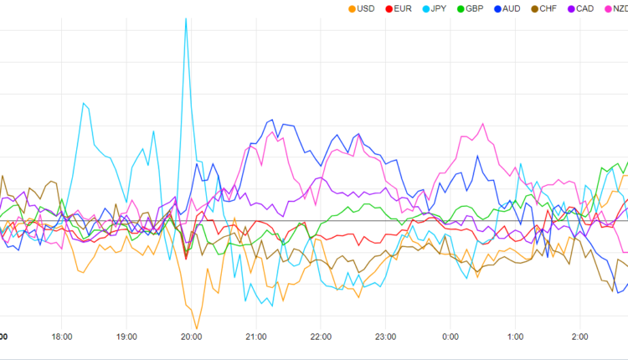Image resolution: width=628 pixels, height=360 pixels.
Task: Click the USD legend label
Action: [365, 8]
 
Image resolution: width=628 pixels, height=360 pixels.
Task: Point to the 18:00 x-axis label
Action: [61, 337]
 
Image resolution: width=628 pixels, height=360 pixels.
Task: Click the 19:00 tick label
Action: [126, 337]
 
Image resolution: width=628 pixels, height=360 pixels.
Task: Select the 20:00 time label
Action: [191, 337]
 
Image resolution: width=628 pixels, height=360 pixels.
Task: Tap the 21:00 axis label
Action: [256, 337]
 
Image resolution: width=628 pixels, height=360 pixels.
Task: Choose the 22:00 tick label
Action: [321, 337]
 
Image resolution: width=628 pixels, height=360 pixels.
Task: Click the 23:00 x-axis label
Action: [386, 337]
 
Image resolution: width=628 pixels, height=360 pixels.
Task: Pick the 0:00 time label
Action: [450, 337]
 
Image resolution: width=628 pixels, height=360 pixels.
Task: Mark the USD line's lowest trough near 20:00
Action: [197, 329]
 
